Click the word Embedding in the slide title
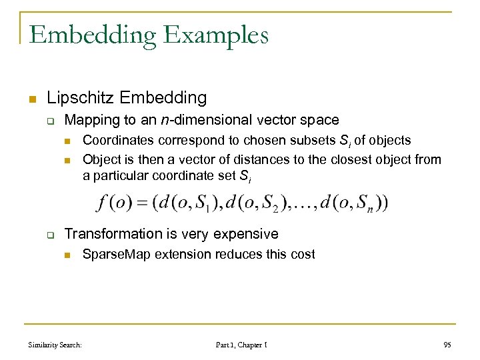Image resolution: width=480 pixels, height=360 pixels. [x=89, y=34]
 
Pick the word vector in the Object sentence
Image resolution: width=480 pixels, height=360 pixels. [x=189, y=159]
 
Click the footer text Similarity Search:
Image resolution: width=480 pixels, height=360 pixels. [x=55, y=345]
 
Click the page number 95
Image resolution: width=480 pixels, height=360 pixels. [x=447, y=345]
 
